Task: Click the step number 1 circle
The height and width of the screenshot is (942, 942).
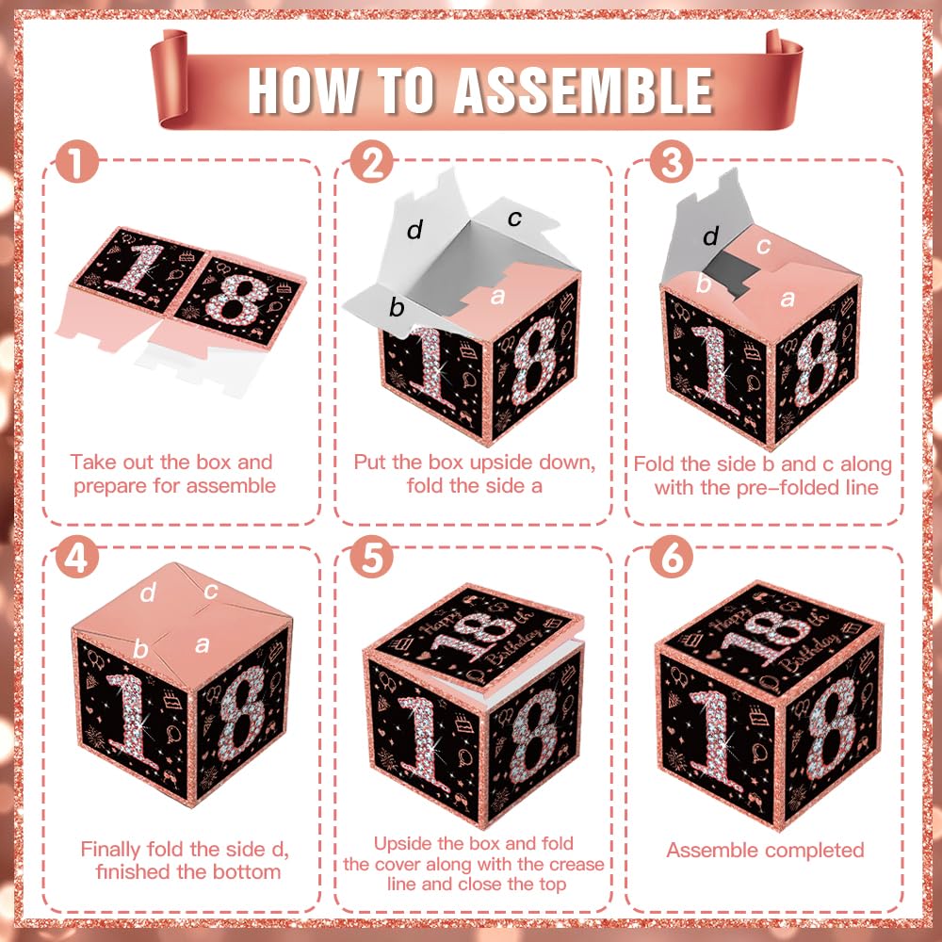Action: coord(77,162)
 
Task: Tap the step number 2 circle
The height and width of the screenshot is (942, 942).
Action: coord(372,162)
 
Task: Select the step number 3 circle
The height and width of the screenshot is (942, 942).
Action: coord(672,162)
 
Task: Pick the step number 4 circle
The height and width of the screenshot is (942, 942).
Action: coord(77,557)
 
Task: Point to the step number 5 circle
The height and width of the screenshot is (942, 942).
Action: coord(372,557)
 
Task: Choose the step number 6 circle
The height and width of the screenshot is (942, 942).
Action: coord(672,557)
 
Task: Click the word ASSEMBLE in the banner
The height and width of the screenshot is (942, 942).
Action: coord(583,90)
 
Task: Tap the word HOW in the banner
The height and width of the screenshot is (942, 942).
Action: coord(304,90)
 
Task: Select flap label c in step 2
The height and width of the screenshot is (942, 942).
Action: coord(514,219)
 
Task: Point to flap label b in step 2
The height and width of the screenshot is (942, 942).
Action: coord(397,307)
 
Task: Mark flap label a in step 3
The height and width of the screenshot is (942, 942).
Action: coord(787,299)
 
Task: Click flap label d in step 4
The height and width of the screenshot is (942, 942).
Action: coord(148,593)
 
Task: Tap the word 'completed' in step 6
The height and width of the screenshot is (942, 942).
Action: coord(814,851)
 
